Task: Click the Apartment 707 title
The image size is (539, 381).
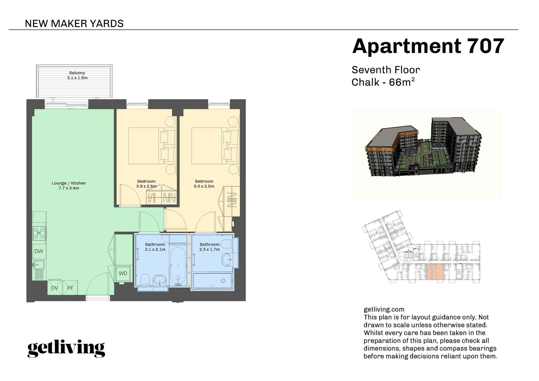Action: (428, 46)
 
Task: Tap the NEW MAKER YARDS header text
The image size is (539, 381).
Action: (74, 24)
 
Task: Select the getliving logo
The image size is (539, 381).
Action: (66, 348)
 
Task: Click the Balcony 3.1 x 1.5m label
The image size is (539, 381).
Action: (77, 75)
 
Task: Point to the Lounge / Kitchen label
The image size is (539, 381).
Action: (69, 186)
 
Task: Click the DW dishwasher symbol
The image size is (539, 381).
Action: (39, 251)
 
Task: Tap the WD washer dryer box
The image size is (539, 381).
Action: (123, 274)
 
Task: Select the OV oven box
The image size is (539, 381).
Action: (54, 288)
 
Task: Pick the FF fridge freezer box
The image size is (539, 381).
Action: (70, 288)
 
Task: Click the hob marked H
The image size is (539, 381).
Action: (39, 233)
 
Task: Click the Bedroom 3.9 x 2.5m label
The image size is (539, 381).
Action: (146, 184)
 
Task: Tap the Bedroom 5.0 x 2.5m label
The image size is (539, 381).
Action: (204, 184)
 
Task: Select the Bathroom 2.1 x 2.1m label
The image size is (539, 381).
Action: (155, 247)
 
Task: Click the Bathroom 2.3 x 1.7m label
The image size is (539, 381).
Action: (210, 247)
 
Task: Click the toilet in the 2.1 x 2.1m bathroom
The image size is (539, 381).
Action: (145, 280)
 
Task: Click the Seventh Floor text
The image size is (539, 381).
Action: (386, 70)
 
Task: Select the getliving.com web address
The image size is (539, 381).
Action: (384, 309)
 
